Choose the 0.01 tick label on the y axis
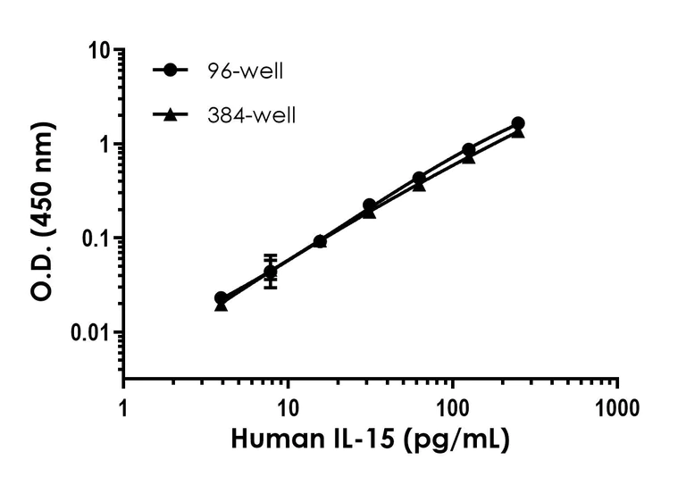point(88,333)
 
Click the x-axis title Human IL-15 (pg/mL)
point(371,440)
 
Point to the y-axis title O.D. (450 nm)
point(42,212)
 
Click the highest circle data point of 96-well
point(518,123)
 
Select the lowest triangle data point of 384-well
point(222,305)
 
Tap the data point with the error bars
point(271,272)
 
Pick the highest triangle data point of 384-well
point(518,131)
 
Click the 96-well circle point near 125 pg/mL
point(468,150)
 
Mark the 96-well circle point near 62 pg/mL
point(418,179)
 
